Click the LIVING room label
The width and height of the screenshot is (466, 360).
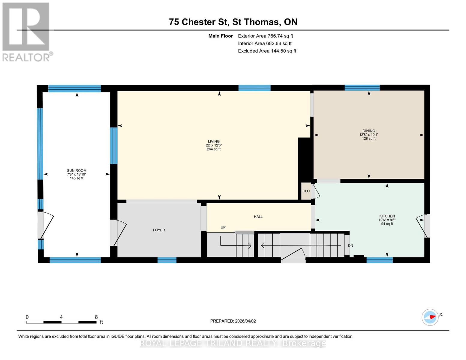coord(214,141)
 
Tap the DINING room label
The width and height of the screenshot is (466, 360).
coord(368,131)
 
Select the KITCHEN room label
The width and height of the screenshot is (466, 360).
coord(387,216)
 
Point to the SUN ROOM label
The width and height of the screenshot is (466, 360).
coord(77,170)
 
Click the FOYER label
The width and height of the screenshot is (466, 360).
coord(159,230)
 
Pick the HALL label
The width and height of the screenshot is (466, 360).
coord(258,217)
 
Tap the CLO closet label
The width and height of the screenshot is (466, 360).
coord(306,191)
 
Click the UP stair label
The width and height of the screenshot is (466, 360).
coord(223,227)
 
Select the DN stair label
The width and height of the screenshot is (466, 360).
coord(350,245)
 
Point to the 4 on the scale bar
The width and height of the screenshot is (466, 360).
coord(61,317)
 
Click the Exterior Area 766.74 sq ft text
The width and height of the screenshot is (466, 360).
coord(265,36)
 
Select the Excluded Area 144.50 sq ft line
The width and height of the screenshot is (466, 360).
coord(267,51)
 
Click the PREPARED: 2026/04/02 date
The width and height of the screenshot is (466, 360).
coord(233,321)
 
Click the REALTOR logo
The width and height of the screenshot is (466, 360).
coord(26,31)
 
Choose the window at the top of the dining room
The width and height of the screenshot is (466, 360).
coord(362,88)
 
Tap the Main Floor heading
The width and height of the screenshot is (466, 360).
coord(221,36)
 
